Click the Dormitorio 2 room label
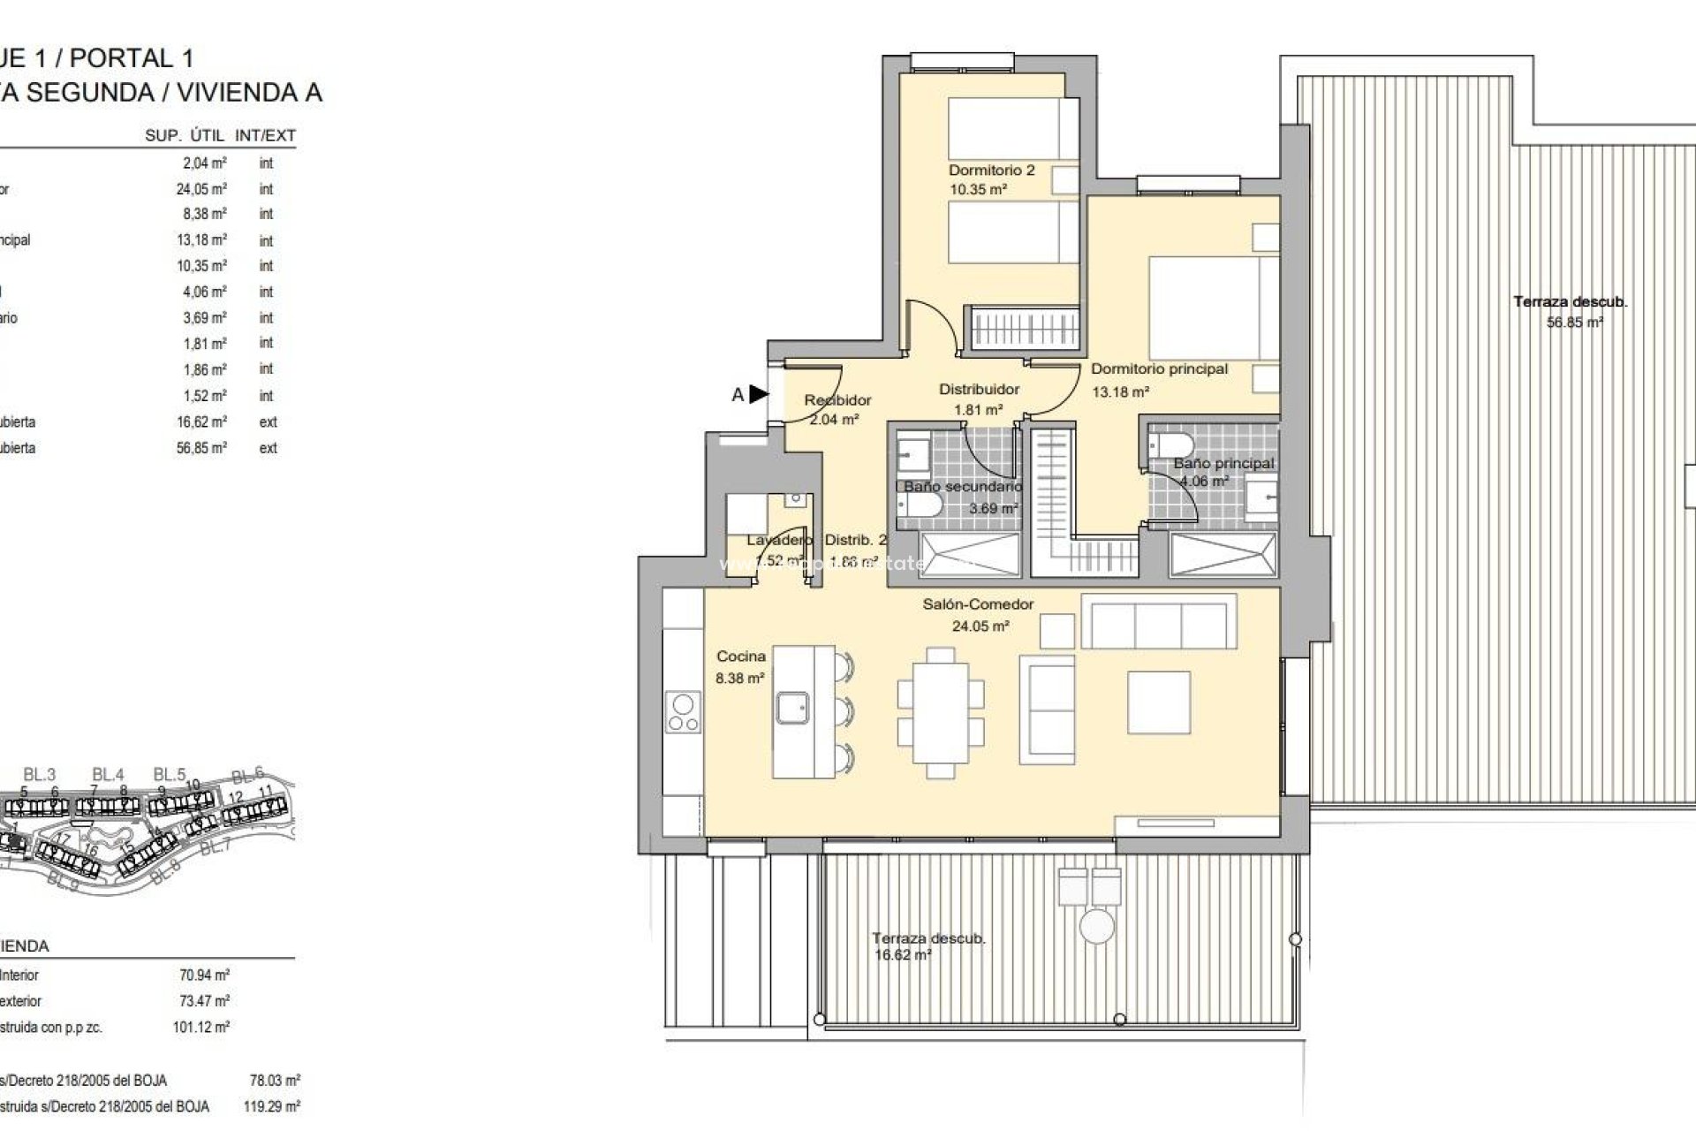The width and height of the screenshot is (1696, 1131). coord(991,170)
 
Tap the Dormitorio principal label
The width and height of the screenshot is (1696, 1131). coord(1159,369)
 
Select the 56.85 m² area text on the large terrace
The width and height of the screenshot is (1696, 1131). coord(1574,323)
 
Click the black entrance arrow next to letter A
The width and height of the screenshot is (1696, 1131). coord(759,394)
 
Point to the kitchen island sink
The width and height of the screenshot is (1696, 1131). coord(792,708)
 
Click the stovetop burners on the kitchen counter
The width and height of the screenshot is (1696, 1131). coord(683,713)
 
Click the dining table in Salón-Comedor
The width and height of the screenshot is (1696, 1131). coord(941,712)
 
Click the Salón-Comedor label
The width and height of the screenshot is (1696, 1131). coord(978,604)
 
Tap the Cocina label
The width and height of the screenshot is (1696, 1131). coord(741,657)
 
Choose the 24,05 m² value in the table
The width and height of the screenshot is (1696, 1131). coord(201,189)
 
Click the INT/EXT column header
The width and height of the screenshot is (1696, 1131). coord(265,136)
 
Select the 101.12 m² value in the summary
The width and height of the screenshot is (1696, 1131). coord(201,1028)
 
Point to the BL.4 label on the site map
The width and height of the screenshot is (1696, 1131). coord(107,774)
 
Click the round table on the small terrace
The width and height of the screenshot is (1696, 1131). coord(1096,927)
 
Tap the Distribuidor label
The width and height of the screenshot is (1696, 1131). coord(979,389)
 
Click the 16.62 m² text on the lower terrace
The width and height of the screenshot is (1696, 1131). coord(902,955)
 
